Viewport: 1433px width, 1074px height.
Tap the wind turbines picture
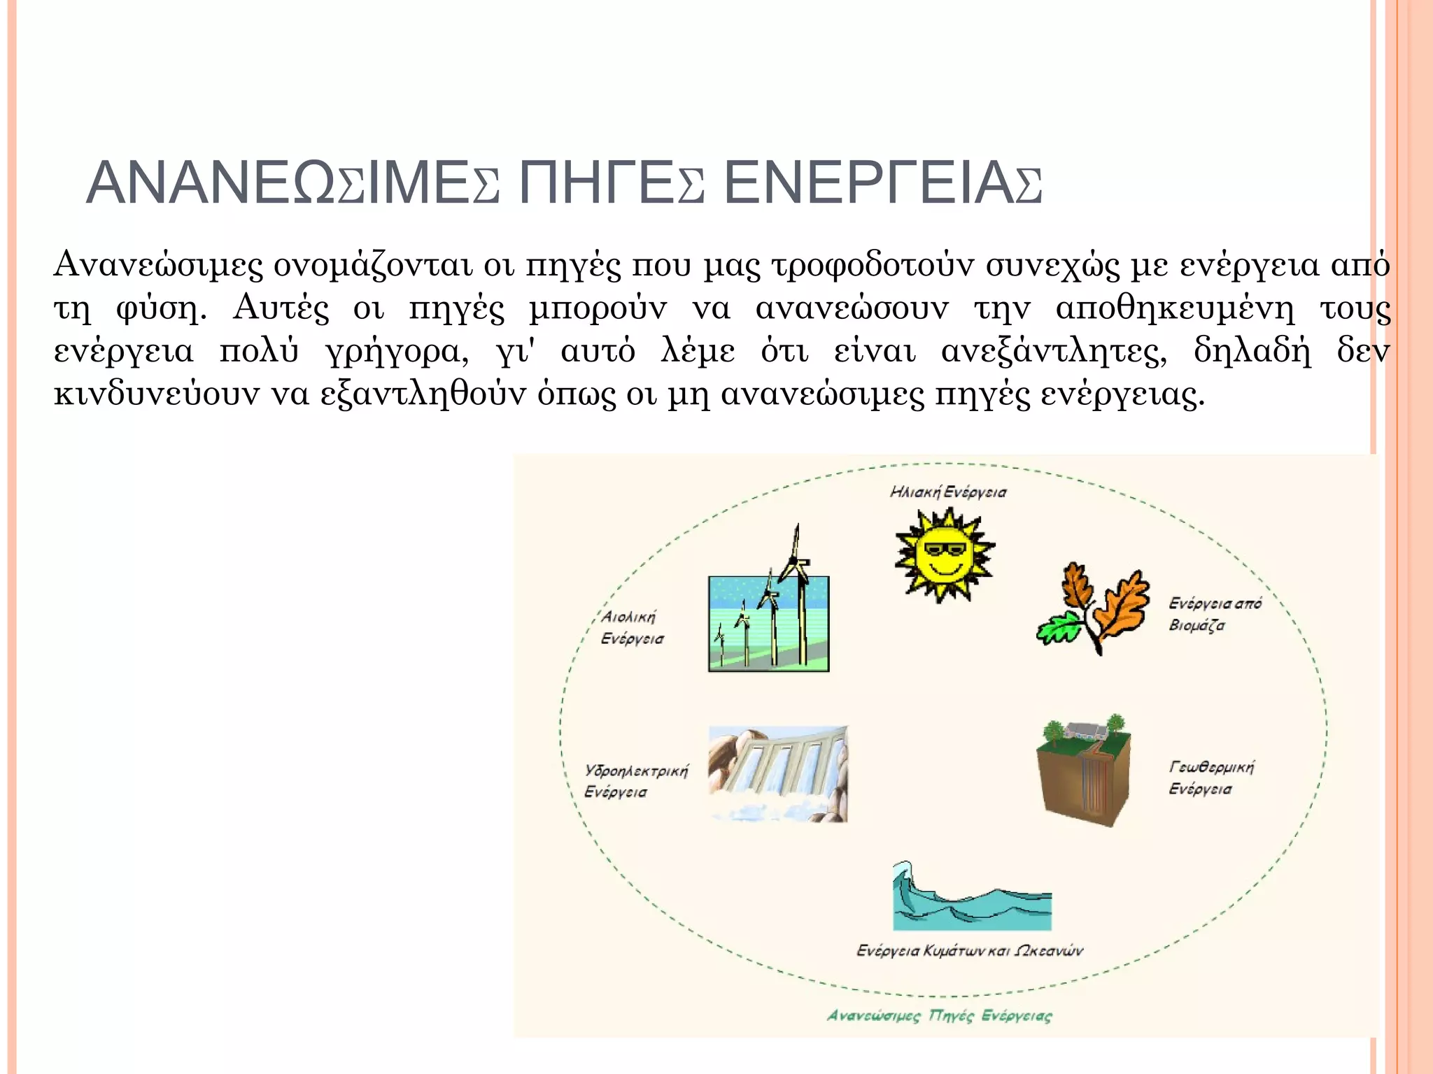tap(768, 615)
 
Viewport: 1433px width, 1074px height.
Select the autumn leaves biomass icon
tap(1094, 608)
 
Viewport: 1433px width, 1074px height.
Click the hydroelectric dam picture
tap(777, 773)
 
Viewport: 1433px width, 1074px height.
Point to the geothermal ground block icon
tap(1083, 773)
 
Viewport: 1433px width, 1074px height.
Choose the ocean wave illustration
tap(972, 898)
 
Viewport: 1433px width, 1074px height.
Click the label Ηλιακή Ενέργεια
tap(948, 492)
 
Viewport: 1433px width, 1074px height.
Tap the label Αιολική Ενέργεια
tap(632, 627)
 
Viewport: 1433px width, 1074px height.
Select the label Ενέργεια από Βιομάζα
tap(1214, 614)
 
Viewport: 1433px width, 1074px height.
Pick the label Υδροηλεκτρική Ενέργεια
tap(636, 781)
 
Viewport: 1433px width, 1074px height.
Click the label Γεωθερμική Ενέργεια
tap(1210, 778)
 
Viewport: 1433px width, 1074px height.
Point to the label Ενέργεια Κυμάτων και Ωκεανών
tap(970, 950)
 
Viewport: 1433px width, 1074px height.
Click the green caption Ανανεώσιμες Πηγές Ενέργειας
tap(939, 1015)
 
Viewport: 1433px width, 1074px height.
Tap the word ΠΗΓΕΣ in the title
tap(611, 184)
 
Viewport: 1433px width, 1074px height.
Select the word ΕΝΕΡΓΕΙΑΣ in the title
tap(882, 184)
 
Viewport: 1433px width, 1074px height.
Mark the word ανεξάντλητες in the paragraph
tap(1053, 351)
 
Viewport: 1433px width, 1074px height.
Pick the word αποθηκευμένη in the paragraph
tap(1175, 308)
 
